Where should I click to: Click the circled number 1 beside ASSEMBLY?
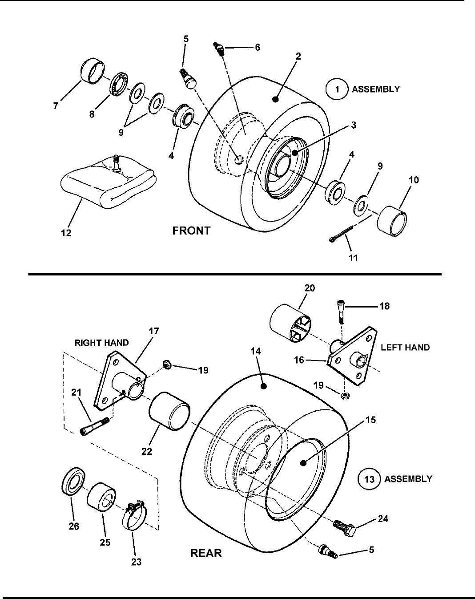tap(337, 89)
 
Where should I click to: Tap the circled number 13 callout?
tap(369, 479)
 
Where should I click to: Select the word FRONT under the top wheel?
tap(191, 231)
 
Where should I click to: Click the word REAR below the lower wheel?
tap(206, 553)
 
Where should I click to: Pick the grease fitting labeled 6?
tap(219, 49)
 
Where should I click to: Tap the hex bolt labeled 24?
tap(345, 529)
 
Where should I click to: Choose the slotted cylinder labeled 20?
tap(290, 323)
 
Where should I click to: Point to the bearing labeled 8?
tap(118, 85)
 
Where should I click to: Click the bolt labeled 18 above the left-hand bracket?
tap(341, 312)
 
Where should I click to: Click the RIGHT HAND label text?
tap(101, 343)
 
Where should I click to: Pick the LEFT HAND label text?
tap(405, 348)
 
